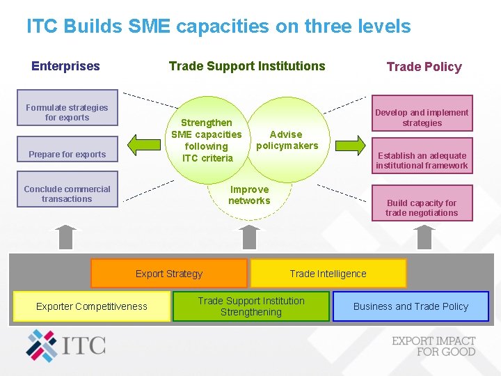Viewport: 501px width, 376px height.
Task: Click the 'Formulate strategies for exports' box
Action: pyautogui.click(x=67, y=112)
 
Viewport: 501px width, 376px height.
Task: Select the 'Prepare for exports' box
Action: pyautogui.click(x=67, y=154)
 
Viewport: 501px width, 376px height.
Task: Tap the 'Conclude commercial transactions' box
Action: pyautogui.click(x=67, y=194)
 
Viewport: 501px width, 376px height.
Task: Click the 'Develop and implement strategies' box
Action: pyautogui.click(x=422, y=118)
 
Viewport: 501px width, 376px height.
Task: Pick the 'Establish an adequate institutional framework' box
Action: pyautogui.click(x=422, y=160)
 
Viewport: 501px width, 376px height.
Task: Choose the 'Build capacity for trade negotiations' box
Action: pyautogui.click(x=422, y=207)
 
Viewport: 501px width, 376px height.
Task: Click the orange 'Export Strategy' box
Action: pyautogui.click(x=169, y=274)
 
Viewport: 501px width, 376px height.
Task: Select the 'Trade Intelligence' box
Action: pyautogui.click(x=328, y=274)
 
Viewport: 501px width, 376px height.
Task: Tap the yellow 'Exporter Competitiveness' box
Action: pyautogui.click(x=92, y=306)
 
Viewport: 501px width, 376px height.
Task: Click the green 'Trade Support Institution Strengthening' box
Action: pyautogui.click(x=250, y=306)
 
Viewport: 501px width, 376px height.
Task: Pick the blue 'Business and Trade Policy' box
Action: pyautogui.click(x=411, y=306)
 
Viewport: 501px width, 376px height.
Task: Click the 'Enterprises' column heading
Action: pyautogui.click(x=65, y=66)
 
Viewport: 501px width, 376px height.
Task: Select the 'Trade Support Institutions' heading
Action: pyautogui.click(x=247, y=66)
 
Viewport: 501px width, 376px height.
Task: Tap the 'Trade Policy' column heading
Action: pyautogui.click(x=424, y=67)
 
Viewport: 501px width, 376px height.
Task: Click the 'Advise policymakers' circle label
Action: pyautogui.click(x=286, y=140)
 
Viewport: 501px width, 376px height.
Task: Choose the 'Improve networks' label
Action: pyautogui.click(x=249, y=195)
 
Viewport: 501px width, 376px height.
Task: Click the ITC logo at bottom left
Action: pyautogui.click(x=66, y=345)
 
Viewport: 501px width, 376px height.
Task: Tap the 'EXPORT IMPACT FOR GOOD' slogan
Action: pyautogui.click(x=434, y=346)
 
